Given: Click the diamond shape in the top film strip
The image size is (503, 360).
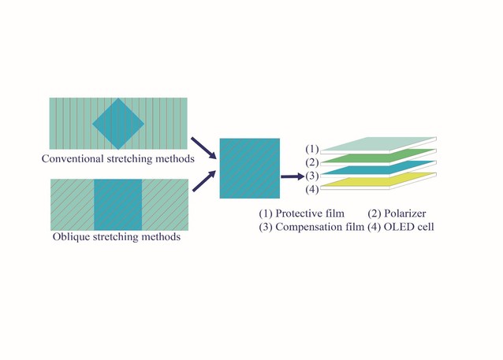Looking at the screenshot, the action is (x=118, y=124).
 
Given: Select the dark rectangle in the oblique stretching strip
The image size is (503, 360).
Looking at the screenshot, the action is (x=117, y=205).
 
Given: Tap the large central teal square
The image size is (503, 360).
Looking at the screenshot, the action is (x=250, y=169).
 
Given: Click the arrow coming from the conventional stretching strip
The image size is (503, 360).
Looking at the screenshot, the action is (x=203, y=148).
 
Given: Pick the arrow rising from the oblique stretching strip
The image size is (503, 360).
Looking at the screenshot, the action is (x=204, y=181).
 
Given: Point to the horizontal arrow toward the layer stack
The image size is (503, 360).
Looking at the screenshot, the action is (x=292, y=176).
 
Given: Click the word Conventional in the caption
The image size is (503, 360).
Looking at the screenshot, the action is (x=73, y=158).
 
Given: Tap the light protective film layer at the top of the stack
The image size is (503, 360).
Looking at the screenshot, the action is (x=378, y=144).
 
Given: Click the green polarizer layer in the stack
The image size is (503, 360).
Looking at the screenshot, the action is (x=378, y=156).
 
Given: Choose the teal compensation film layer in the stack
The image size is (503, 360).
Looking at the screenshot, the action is (x=378, y=168).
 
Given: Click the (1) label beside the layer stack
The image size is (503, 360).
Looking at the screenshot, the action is (x=311, y=149).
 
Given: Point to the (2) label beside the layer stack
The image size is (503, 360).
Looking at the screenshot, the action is (x=311, y=162).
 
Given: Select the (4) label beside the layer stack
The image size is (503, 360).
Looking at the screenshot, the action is (x=311, y=190).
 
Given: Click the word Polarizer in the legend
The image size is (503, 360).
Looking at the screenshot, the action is (x=404, y=213).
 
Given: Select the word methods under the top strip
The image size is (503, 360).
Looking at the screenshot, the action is (x=175, y=158).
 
